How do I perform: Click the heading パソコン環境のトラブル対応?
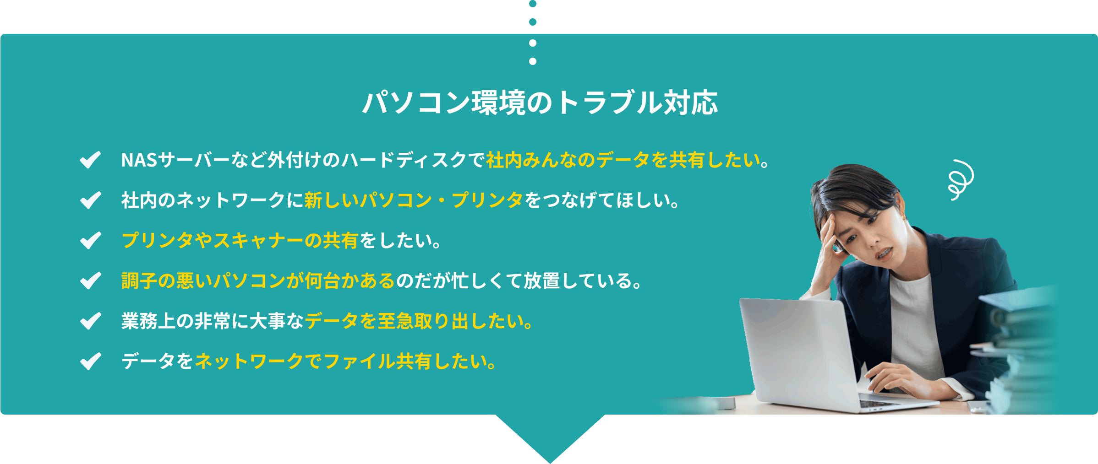click(x=540, y=102)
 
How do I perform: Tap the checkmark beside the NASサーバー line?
click(x=90, y=160)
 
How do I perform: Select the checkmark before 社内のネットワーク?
click(x=90, y=200)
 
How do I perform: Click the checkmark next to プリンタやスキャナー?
click(x=90, y=240)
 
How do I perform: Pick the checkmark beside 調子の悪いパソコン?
click(x=90, y=281)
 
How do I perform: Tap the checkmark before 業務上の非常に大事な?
click(x=90, y=321)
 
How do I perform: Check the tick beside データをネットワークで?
click(x=90, y=361)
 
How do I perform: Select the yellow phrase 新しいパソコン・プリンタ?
click(x=414, y=200)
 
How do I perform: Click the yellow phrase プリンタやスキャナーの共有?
click(x=240, y=241)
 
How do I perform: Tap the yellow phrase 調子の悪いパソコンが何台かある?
click(x=258, y=281)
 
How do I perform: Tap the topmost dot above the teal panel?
click(x=533, y=4)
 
